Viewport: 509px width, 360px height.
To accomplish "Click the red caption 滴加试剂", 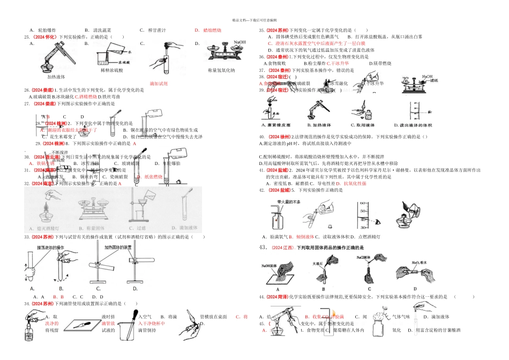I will (x=159, y=84).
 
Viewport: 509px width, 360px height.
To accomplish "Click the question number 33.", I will (x=26, y=236).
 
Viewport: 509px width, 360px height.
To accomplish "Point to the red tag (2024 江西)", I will (x=282, y=247).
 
